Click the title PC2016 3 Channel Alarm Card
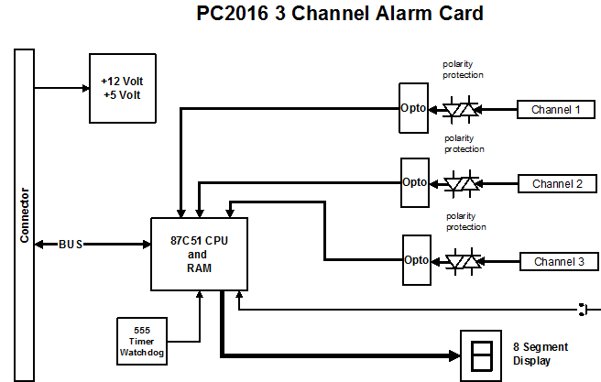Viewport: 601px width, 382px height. point(340,15)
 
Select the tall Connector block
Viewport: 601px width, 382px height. point(25,215)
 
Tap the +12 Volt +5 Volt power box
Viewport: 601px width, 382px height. point(122,87)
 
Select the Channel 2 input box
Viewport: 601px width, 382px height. point(557,183)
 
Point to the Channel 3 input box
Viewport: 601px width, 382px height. point(557,262)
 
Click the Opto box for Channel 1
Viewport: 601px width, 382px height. point(413,108)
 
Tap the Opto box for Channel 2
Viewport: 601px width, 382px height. point(414,181)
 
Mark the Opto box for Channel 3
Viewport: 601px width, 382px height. point(415,260)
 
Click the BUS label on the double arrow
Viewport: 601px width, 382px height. point(71,245)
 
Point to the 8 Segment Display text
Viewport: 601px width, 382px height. point(540,354)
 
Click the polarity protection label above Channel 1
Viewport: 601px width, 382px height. point(464,69)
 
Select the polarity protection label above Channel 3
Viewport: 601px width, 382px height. point(466,221)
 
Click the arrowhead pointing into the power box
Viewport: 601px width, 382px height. point(83,88)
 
